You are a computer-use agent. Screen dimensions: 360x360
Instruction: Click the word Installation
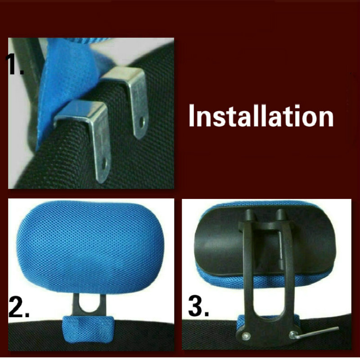pyautogui.click(x=261, y=116)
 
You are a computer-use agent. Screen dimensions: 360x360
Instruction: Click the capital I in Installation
pyautogui.click(x=193, y=116)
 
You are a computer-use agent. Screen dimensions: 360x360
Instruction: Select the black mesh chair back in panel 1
pyautogui.click(x=135, y=162)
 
